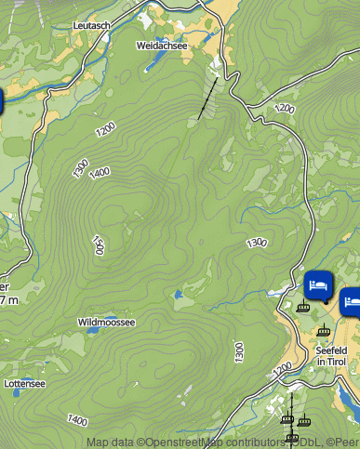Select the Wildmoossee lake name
click(x=106, y=323)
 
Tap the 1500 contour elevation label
click(x=97, y=244)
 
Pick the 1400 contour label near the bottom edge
click(x=77, y=421)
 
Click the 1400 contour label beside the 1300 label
click(x=100, y=172)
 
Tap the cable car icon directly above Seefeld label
click(x=323, y=330)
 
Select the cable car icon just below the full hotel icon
click(x=302, y=306)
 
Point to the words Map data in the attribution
click(x=110, y=442)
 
